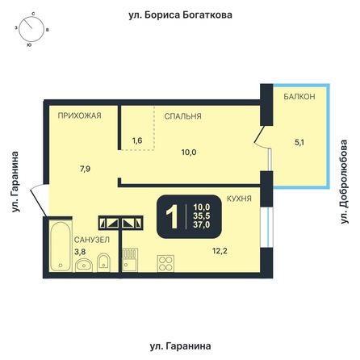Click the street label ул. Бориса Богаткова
(180, 15)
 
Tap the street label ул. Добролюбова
(344, 182)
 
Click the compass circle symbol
(31, 29)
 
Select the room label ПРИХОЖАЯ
(80, 115)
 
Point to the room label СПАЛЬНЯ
(182, 116)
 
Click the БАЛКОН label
(299, 97)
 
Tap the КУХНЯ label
(239, 199)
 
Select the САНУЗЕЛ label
(92, 240)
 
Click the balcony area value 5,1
(299, 142)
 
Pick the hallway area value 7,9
(85, 169)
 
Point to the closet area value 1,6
(137, 140)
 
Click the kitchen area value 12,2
(220, 251)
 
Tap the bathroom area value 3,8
(80, 252)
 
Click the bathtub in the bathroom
(61, 246)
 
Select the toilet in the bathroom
(103, 262)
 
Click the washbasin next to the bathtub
(84, 266)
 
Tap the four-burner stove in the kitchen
(165, 263)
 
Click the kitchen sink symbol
(130, 260)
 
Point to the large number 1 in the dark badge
(172, 216)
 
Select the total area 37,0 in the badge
(202, 224)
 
